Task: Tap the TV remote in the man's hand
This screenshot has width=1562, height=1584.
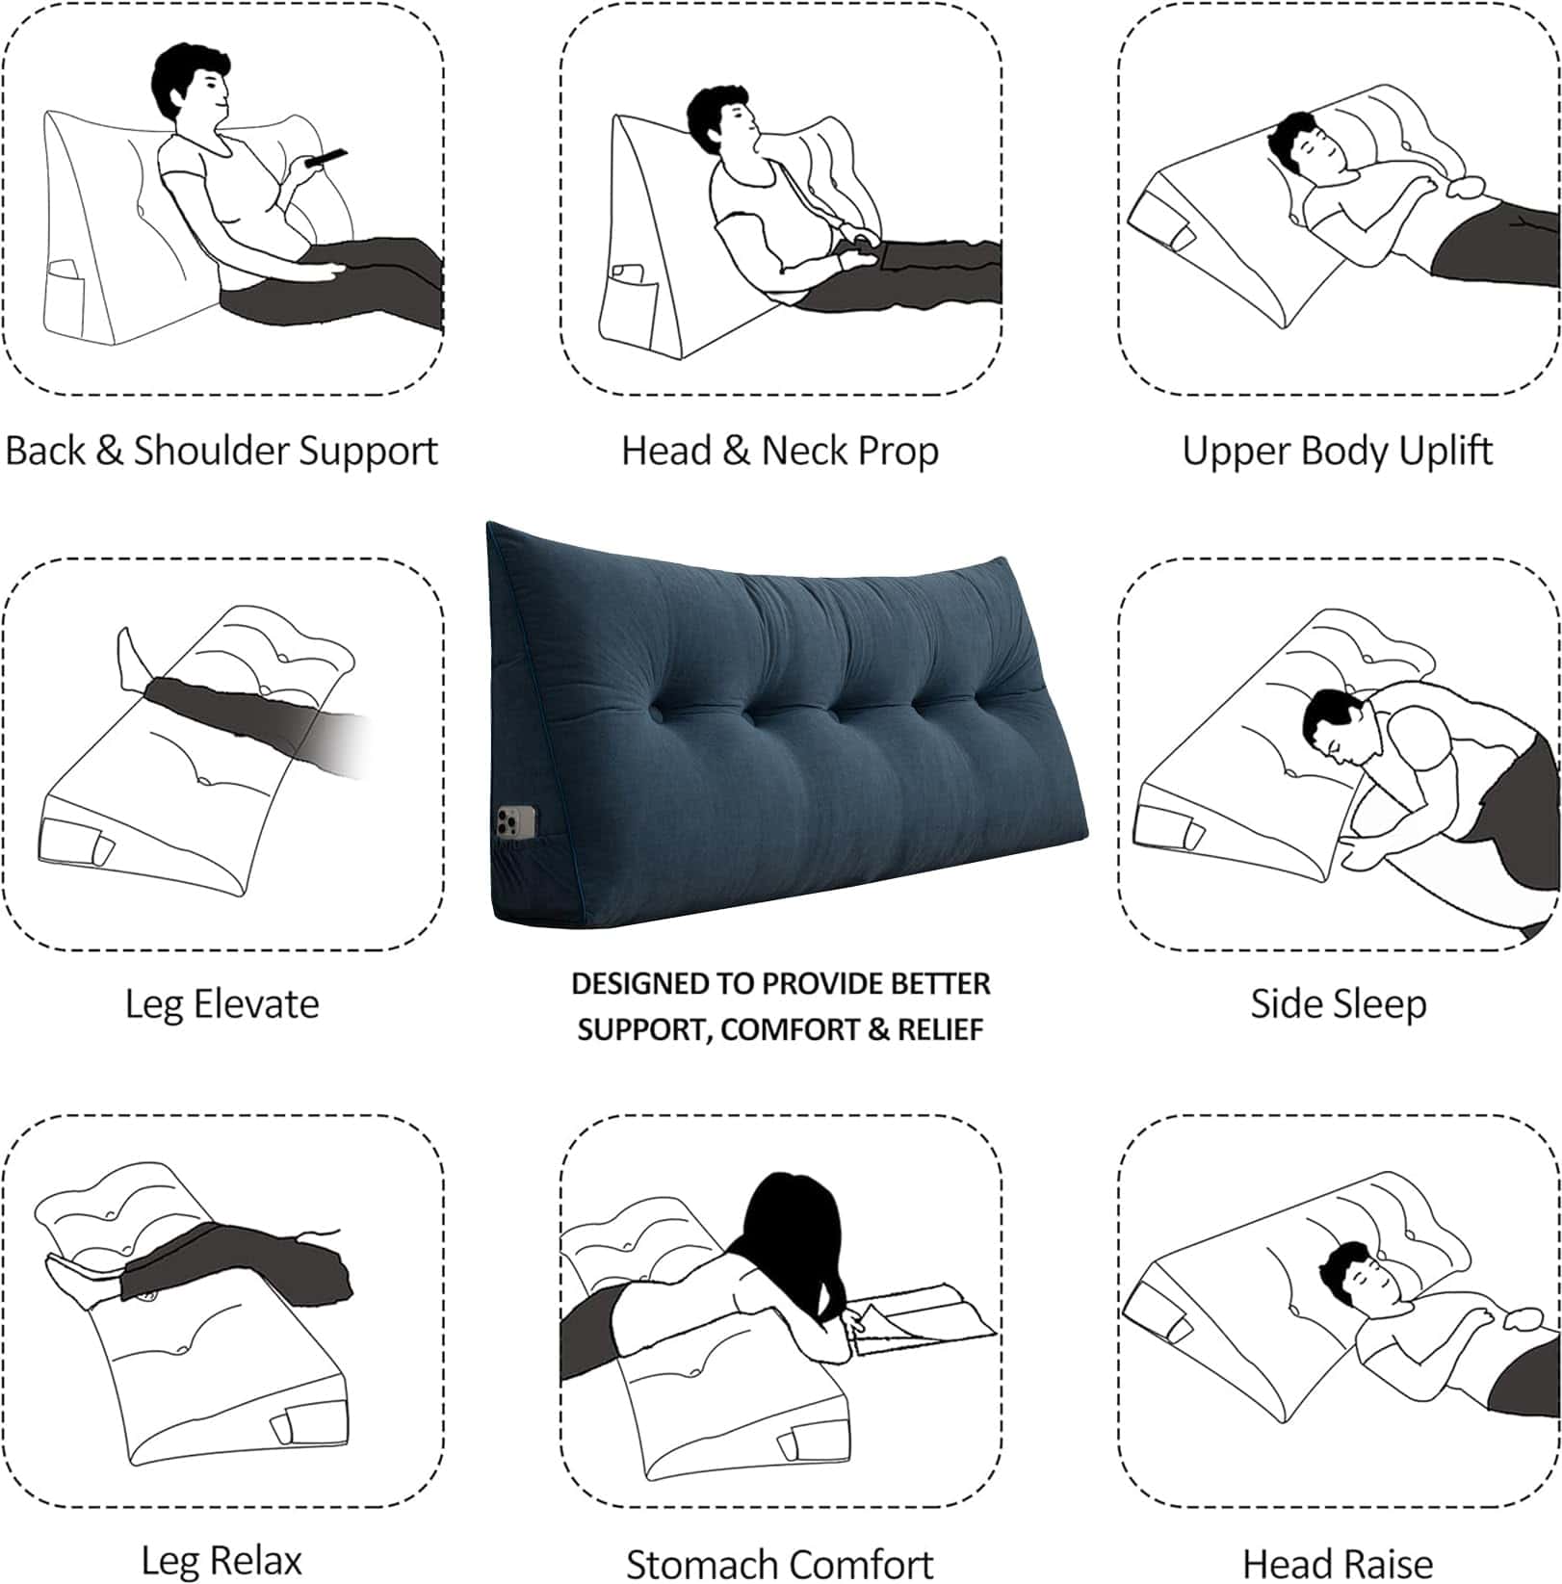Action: pyautogui.click(x=325, y=157)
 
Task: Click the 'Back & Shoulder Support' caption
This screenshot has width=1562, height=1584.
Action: pyautogui.click(x=221, y=451)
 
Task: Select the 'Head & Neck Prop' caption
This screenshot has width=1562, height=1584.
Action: pyautogui.click(x=780, y=451)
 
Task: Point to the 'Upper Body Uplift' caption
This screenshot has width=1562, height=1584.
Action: pyautogui.click(x=1338, y=451)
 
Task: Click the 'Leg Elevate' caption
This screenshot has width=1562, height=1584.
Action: pyautogui.click(x=221, y=1004)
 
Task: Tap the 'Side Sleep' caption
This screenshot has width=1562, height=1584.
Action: pyautogui.click(x=1338, y=1004)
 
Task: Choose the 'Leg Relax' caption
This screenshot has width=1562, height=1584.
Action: pyautogui.click(x=221, y=1560)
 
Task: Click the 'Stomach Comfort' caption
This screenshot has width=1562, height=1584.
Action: pyautogui.click(x=780, y=1563)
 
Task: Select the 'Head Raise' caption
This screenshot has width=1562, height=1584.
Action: pyautogui.click(x=1338, y=1563)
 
